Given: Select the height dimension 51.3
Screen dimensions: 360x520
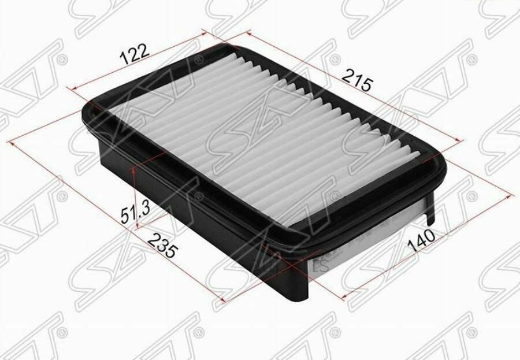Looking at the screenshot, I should click(x=136, y=214).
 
